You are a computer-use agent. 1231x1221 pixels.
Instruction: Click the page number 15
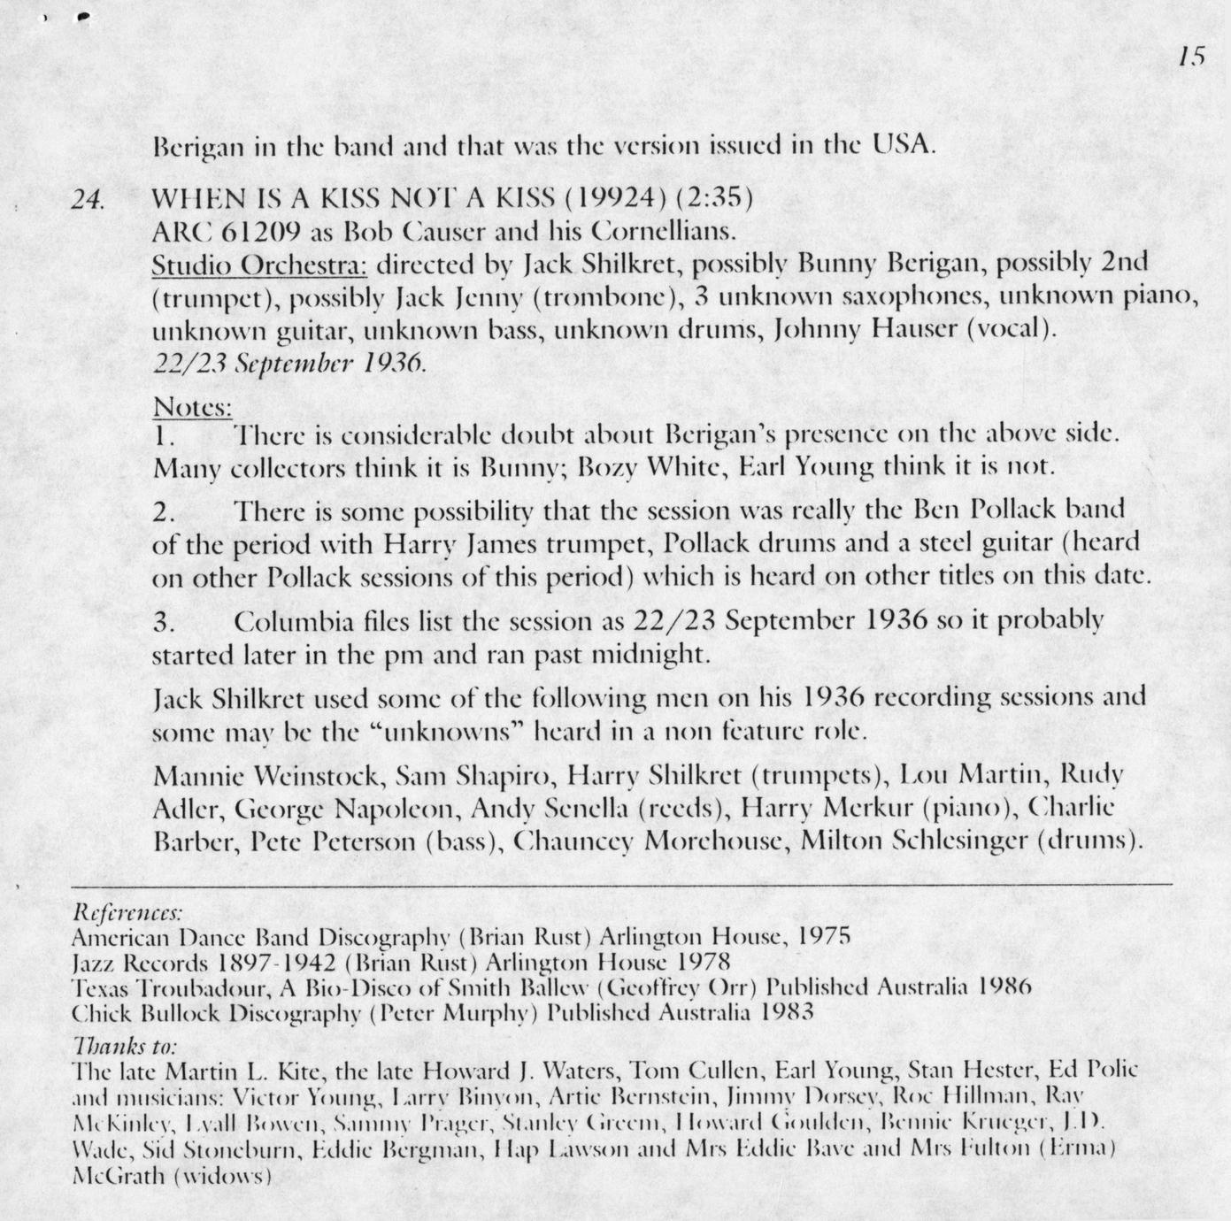[x=1192, y=57]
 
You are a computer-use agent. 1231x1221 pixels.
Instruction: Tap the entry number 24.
[x=88, y=199]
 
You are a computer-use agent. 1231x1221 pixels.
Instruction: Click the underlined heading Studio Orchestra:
[x=259, y=264]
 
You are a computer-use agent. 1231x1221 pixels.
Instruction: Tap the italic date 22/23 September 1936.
[x=289, y=364]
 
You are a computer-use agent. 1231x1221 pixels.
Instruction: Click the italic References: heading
[x=127, y=911]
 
